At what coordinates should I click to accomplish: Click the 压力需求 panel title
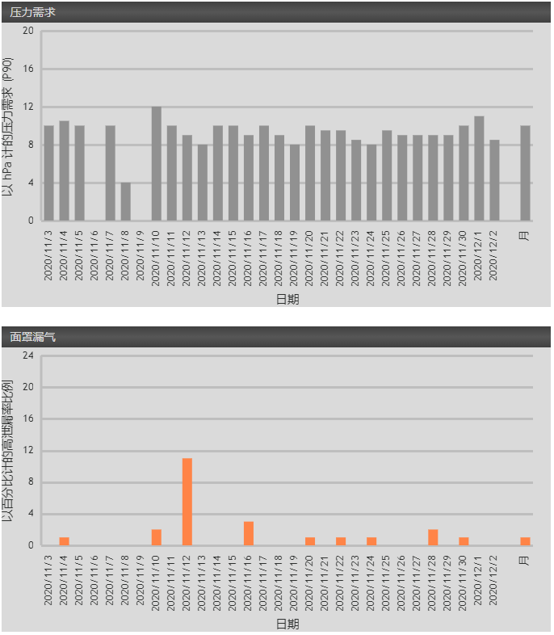33,12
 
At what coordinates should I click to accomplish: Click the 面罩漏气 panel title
33,336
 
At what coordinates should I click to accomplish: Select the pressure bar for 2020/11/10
157,164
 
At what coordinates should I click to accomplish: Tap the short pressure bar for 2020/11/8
126,202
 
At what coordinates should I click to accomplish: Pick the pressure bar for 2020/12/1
479,169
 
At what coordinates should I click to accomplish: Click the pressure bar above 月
525,174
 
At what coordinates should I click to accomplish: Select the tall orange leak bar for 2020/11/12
187,502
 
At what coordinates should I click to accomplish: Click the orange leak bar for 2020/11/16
249,534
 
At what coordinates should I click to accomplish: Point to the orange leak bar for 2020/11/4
65,541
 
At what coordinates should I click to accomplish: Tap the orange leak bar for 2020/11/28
433,537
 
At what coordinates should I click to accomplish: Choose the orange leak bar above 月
525,541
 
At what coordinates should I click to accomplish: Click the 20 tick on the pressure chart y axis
28,31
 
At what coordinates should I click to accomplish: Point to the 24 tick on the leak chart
28,355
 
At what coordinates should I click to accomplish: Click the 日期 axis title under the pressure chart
287,300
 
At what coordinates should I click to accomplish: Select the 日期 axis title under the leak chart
287,624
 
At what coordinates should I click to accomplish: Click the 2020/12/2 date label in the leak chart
495,581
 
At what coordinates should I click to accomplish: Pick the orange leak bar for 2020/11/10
157,537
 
